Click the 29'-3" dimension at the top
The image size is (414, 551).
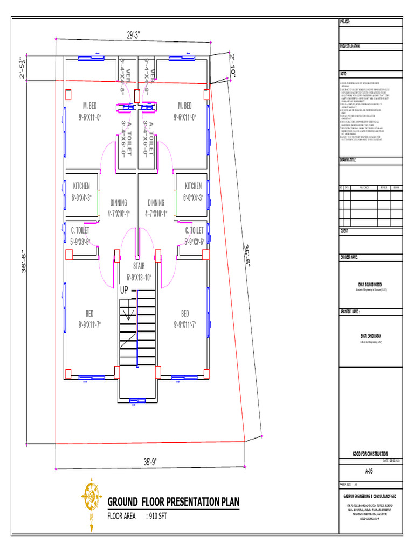click(133, 35)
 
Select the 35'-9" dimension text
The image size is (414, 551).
click(151, 461)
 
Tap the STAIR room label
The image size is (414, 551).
click(139, 266)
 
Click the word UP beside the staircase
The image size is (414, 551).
click(124, 290)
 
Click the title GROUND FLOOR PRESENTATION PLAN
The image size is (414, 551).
click(173, 503)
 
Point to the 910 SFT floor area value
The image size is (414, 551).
click(160, 516)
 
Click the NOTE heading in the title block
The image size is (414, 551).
click(343, 72)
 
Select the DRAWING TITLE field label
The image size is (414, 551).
click(348, 160)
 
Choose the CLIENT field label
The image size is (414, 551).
click(344, 230)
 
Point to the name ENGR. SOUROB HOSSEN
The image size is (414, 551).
click(370, 284)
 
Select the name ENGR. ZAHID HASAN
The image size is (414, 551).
click(370, 335)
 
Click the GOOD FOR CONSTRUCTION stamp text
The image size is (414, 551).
click(370, 454)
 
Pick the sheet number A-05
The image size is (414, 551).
click(369, 471)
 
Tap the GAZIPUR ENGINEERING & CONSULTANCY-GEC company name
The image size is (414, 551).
click(370, 495)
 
